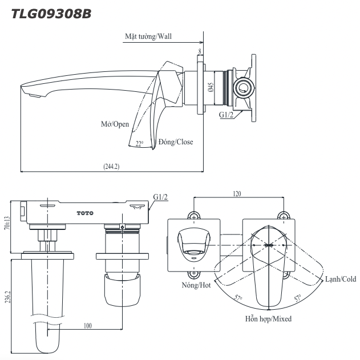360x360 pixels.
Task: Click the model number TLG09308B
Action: point(51,13)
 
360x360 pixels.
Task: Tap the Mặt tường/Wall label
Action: point(148,36)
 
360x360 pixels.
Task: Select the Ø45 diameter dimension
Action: point(211,87)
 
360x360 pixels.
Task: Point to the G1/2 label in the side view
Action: point(226,114)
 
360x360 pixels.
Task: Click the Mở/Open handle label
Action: point(115,124)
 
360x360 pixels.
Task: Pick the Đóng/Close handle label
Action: point(176,141)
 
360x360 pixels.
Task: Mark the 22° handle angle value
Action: point(140,143)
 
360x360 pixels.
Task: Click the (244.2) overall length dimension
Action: point(111,166)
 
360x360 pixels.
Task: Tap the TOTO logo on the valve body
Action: point(84,213)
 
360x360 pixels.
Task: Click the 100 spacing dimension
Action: point(87,325)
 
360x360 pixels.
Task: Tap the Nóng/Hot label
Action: point(197,285)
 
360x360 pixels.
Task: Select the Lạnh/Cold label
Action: point(341,279)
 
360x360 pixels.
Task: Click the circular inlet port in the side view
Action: point(244,88)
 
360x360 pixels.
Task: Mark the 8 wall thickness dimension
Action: point(199,52)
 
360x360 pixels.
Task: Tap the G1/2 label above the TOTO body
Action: point(160,197)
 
